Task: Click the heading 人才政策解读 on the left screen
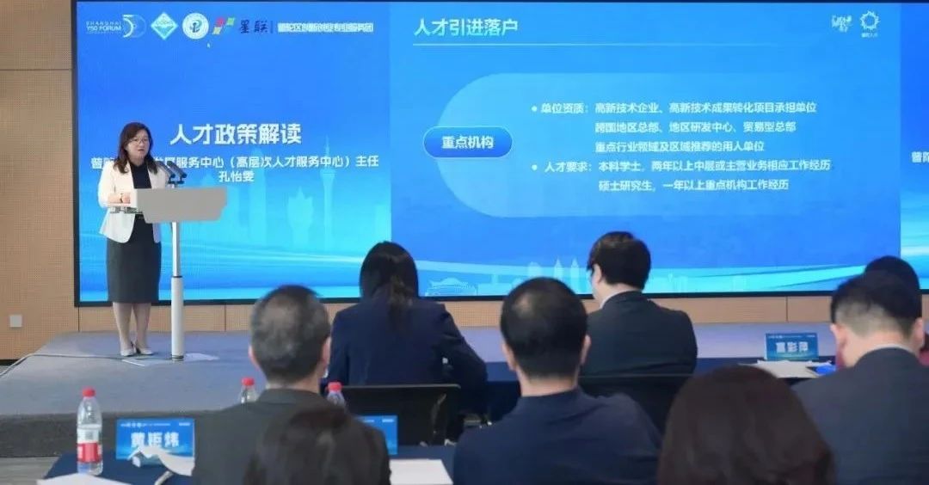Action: [x=235, y=134]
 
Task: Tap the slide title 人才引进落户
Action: [x=465, y=27]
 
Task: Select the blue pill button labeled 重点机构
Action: [x=467, y=142]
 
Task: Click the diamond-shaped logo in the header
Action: [x=163, y=26]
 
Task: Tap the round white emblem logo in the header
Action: [x=195, y=26]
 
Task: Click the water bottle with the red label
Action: [x=89, y=432]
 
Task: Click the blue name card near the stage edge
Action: [x=791, y=346]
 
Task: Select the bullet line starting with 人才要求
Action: [x=680, y=165]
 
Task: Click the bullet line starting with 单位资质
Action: [x=674, y=108]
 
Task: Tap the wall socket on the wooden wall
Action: [x=15, y=320]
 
